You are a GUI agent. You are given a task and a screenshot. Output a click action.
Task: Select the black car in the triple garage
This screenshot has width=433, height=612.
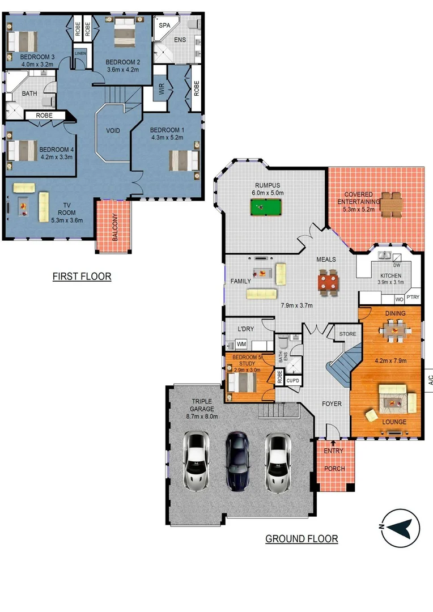(237, 461)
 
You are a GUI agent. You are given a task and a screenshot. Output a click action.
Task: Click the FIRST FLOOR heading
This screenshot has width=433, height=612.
(82, 277)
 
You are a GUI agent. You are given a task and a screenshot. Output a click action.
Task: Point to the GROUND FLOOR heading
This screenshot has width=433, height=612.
(302, 538)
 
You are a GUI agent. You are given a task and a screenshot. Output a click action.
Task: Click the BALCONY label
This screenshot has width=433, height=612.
(114, 227)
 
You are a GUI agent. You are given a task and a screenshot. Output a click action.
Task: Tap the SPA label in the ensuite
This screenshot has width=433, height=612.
(164, 26)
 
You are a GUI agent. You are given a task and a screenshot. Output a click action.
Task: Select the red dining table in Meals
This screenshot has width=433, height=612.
(327, 279)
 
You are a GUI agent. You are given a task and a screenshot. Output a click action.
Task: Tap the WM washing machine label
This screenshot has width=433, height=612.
(241, 344)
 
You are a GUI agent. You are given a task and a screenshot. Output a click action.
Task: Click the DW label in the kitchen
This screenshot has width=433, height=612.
(397, 265)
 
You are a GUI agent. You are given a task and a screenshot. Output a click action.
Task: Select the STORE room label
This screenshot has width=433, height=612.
(347, 334)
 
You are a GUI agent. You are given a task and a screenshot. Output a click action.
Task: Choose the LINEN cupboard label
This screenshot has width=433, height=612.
(79, 54)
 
